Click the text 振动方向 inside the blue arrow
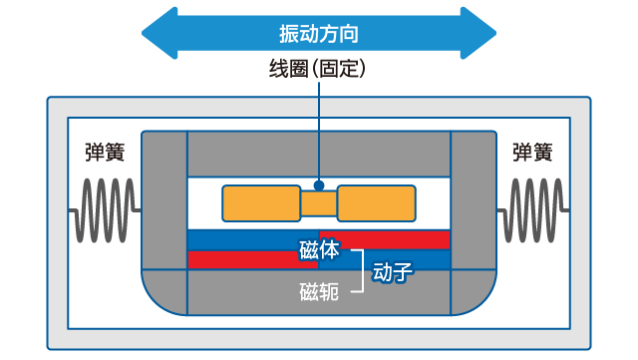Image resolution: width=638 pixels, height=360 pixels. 318,32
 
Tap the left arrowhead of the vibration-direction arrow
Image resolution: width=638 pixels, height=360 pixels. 159,32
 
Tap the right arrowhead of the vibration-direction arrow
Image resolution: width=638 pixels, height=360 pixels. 478,32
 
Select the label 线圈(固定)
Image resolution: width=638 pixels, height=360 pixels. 319,69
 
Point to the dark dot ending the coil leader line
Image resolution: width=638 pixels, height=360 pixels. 319,184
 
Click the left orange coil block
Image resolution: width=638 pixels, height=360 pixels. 260,202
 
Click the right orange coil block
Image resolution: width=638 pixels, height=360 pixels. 378,202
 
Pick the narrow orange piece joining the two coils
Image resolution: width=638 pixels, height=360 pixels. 319,203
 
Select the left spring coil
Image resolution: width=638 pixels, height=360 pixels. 106,210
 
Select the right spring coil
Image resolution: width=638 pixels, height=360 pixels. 532,210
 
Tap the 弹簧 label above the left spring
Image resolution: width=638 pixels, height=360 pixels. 105,153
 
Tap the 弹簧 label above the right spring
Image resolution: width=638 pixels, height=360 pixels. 533,153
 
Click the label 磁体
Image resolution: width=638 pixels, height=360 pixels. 318,250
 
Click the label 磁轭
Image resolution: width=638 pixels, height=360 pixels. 318,291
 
